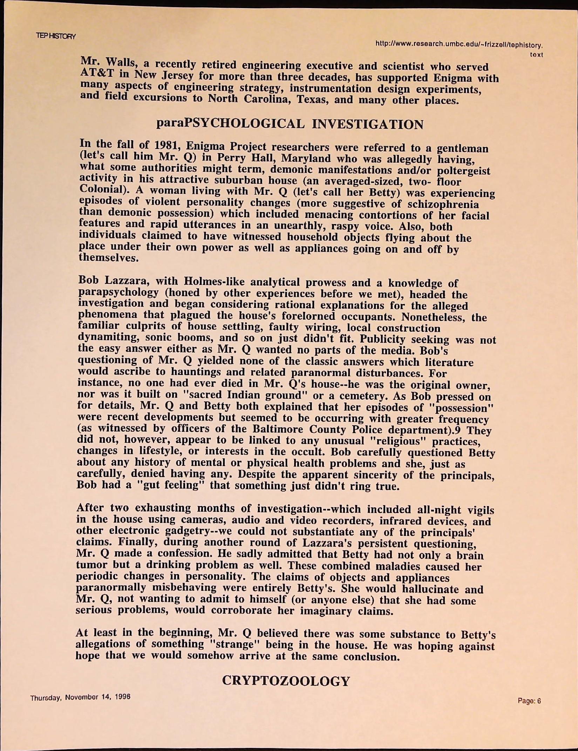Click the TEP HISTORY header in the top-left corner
tap(56, 36)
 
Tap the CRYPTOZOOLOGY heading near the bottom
tap(286, 681)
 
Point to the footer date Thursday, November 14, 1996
tap(80, 698)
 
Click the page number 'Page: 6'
tap(530, 701)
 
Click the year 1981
tap(167, 145)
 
